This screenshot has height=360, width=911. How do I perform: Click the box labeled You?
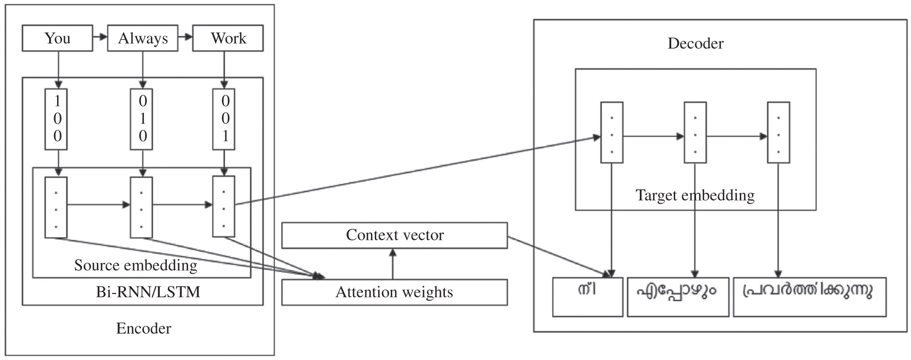coord(57,39)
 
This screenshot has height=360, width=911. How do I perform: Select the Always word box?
coord(142,39)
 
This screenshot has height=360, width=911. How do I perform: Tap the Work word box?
coord(228,39)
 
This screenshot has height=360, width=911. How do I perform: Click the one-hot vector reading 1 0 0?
coord(57,119)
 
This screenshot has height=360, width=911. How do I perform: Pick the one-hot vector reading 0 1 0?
coord(142,119)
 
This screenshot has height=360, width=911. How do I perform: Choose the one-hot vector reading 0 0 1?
coord(224,119)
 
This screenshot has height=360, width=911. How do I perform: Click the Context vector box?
coord(394,235)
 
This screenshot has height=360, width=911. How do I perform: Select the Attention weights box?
coord(394,292)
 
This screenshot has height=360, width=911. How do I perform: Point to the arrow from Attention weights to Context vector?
coord(393,264)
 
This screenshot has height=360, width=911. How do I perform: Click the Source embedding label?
coord(136,265)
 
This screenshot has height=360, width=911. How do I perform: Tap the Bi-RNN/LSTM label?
coord(148,292)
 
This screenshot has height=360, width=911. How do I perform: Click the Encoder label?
coord(143,329)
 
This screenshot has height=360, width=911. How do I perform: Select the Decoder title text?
coord(695,44)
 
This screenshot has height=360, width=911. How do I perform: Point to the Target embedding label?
coord(695,195)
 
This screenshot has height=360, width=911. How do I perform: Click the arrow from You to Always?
coord(100,37)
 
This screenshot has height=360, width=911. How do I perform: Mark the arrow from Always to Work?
coord(185,37)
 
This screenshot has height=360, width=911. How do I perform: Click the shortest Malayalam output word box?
coord(588,297)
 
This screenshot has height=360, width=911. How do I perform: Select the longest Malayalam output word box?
coord(809,297)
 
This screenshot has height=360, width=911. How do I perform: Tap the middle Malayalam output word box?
coord(678,297)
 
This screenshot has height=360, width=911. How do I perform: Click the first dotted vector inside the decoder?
coord(612,133)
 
